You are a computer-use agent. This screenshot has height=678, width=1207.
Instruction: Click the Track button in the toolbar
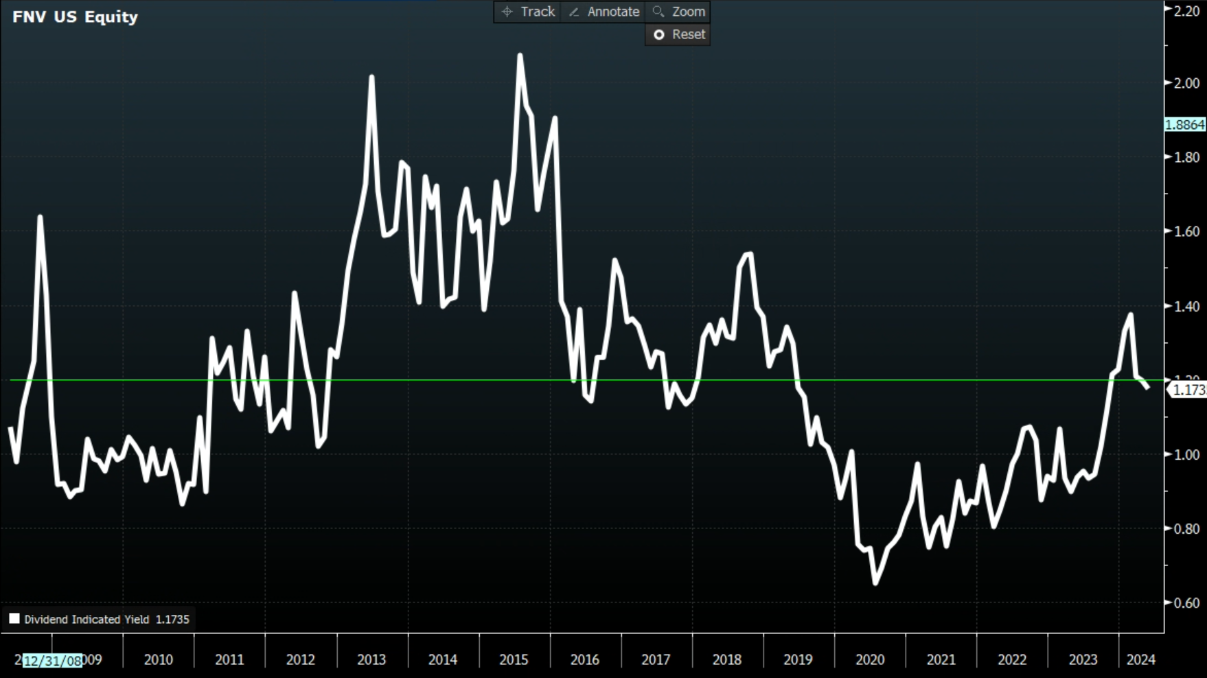528,12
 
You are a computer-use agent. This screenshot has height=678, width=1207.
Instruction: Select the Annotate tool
604,12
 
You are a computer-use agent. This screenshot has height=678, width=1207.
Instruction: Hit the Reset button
678,34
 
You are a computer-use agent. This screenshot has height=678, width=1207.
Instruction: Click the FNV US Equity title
75,16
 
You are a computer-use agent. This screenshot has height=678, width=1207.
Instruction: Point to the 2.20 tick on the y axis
1186,10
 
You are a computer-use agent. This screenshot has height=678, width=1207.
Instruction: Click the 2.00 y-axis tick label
1186,83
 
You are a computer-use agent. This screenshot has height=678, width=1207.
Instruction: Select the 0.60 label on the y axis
1186,603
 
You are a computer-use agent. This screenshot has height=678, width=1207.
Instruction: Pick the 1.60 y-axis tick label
1186,231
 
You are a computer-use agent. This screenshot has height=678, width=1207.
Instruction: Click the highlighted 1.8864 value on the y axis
1185,124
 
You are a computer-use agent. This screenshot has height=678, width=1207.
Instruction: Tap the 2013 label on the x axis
371,659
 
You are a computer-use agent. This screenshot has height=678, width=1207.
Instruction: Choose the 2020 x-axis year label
870,659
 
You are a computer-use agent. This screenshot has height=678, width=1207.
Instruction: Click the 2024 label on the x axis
1141,659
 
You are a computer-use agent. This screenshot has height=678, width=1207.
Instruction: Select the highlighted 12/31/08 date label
53,660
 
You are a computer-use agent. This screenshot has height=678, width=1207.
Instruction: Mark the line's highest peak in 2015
520,55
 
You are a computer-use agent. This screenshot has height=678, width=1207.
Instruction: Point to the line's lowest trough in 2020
875,583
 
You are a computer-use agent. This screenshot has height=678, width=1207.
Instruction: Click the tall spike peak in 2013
371,77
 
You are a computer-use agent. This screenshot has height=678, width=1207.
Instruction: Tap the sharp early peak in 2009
40,217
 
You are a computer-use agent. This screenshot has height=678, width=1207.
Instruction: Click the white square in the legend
14,618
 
